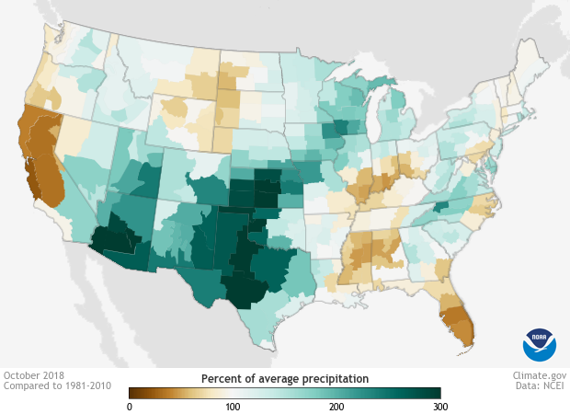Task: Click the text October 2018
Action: tap(33, 375)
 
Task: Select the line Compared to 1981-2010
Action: tap(57, 386)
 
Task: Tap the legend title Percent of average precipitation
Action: tap(285, 378)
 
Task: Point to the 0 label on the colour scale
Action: tap(130, 406)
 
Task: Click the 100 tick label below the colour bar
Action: tap(233, 406)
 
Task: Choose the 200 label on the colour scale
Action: tap(336, 406)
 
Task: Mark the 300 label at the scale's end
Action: tap(440, 406)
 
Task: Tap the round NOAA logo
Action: tap(540, 344)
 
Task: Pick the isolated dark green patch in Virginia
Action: tap(442, 208)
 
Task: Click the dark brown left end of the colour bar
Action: tap(133, 393)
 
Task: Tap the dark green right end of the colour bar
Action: tap(436, 393)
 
